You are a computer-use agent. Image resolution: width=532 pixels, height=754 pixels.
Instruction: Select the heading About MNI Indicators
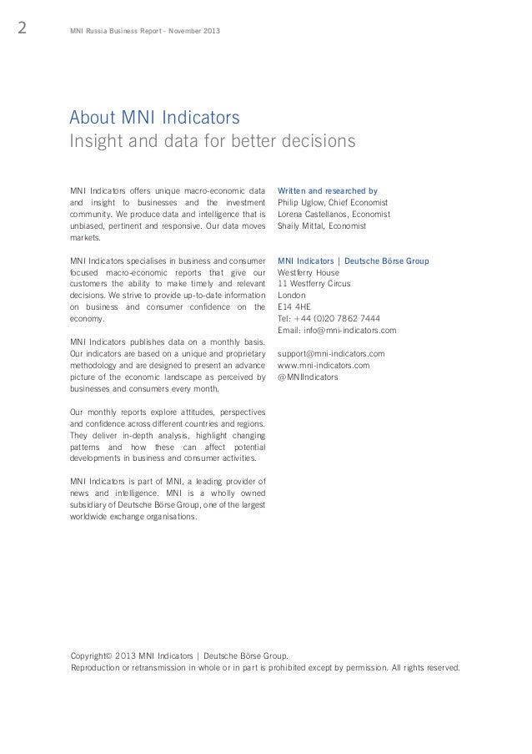(x=155, y=115)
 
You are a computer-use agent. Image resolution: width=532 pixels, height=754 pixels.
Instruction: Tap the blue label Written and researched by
(x=327, y=190)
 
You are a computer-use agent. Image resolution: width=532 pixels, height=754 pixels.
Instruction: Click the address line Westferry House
(x=309, y=272)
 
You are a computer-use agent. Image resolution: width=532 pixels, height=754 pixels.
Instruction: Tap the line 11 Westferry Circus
(x=314, y=284)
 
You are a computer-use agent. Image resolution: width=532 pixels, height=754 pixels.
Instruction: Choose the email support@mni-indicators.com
(x=331, y=354)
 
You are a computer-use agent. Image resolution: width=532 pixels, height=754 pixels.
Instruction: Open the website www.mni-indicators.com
(x=324, y=366)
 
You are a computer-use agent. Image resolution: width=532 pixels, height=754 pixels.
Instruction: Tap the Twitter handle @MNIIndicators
(x=308, y=377)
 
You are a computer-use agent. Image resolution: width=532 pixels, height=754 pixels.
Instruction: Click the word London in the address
(x=292, y=295)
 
